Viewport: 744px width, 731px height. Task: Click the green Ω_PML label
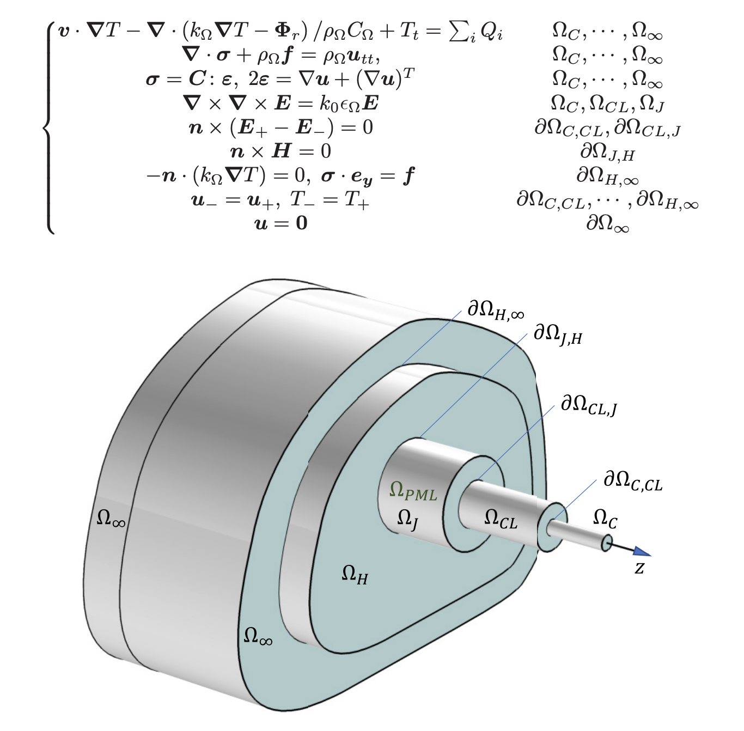point(413,491)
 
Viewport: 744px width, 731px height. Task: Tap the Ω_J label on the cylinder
point(408,519)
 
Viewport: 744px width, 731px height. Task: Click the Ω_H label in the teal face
point(355,574)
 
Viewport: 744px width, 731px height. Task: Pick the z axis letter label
point(639,568)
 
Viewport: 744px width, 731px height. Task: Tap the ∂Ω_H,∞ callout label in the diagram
point(496,310)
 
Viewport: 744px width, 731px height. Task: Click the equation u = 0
point(281,223)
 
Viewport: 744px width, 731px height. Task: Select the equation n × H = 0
point(281,151)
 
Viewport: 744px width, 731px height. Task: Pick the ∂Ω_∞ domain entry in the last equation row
point(607,223)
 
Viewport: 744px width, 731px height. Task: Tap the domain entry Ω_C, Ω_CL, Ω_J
point(607,103)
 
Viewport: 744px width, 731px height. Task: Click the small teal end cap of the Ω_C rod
point(607,543)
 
